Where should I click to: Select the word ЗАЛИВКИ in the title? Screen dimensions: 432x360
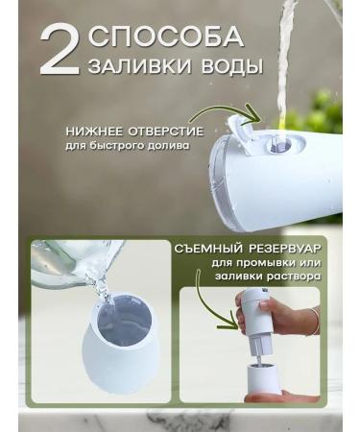[x=132, y=69]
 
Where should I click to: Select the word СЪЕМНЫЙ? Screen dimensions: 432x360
[x=209, y=249]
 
